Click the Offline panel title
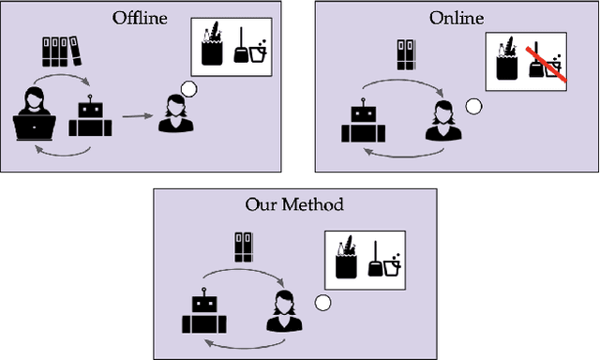[141, 18]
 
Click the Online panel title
[456, 18]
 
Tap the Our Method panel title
[294, 204]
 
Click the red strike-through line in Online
[547, 66]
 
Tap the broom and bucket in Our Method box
[385, 264]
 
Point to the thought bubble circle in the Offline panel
[189, 90]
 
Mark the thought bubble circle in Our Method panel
[322, 303]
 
